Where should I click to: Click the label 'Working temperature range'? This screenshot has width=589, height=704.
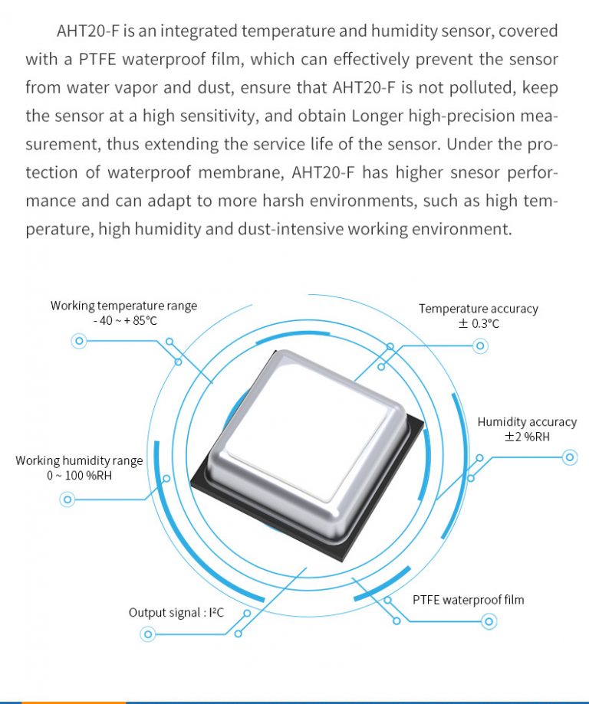(123, 306)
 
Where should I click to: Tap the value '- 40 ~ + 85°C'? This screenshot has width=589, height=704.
(125, 321)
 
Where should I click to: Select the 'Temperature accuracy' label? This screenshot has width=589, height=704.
(478, 309)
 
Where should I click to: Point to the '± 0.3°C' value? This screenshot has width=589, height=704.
(478, 324)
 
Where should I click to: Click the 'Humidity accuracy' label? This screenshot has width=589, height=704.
(527, 422)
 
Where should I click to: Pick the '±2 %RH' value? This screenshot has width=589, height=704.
(527, 437)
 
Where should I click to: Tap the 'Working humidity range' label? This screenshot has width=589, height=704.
(79, 460)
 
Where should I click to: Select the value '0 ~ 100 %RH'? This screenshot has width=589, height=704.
(79, 476)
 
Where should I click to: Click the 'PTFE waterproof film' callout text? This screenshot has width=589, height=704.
(468, 600)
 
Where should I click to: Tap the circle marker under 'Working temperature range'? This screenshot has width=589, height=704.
(78, 342)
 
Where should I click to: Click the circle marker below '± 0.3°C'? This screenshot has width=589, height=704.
(480, 346)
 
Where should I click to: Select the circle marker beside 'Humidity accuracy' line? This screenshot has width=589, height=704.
(569, 458)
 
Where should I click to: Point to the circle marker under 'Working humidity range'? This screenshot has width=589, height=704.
(67, 500)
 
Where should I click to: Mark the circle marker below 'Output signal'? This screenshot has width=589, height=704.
(147, 634)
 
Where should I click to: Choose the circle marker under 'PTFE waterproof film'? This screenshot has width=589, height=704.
(489, 621)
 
